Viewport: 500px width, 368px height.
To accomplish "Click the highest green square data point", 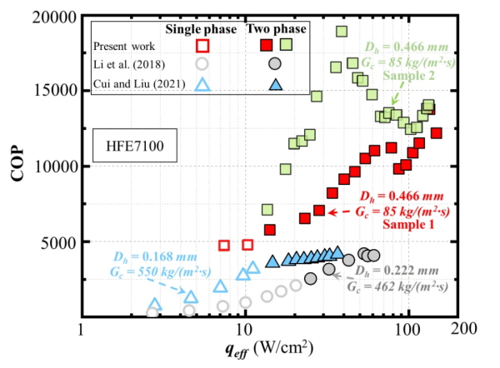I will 341,32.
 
